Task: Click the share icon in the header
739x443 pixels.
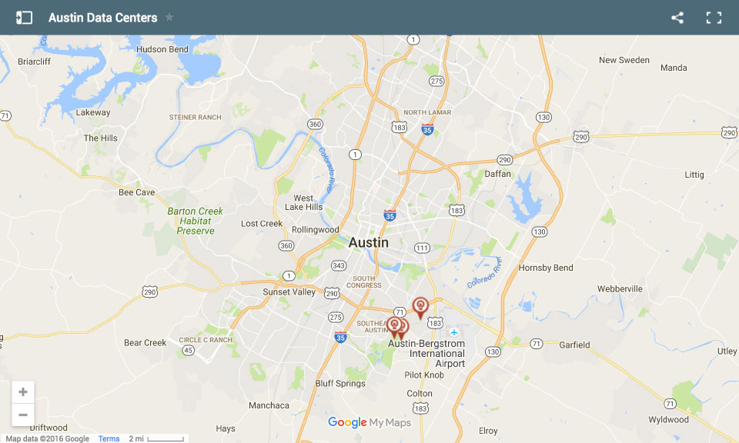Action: pos(677,18)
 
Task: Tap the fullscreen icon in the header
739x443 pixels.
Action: pos(714,18)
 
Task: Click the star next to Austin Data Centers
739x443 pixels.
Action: pos(169,18)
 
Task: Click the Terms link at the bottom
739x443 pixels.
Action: pos(109,438)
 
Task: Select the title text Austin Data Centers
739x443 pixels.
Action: pos(102,18)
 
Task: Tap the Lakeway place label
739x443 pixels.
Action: pos(93,112)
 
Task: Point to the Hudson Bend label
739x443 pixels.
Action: pos(162,49)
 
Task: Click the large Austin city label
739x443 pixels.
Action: pos(369,242)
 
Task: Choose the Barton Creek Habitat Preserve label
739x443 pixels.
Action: pos(196,221)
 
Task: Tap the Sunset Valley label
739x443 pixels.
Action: pos(289,292)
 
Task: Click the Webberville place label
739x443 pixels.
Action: pos(620,288)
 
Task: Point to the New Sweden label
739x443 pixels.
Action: pos(624,60)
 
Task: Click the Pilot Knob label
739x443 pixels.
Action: pos(425,375)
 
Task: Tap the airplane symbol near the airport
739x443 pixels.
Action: pos(454,332)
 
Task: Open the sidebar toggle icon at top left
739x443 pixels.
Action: pos(24,18)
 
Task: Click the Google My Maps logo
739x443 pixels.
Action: pos(369,422)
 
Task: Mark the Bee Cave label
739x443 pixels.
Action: pos(136,192)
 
